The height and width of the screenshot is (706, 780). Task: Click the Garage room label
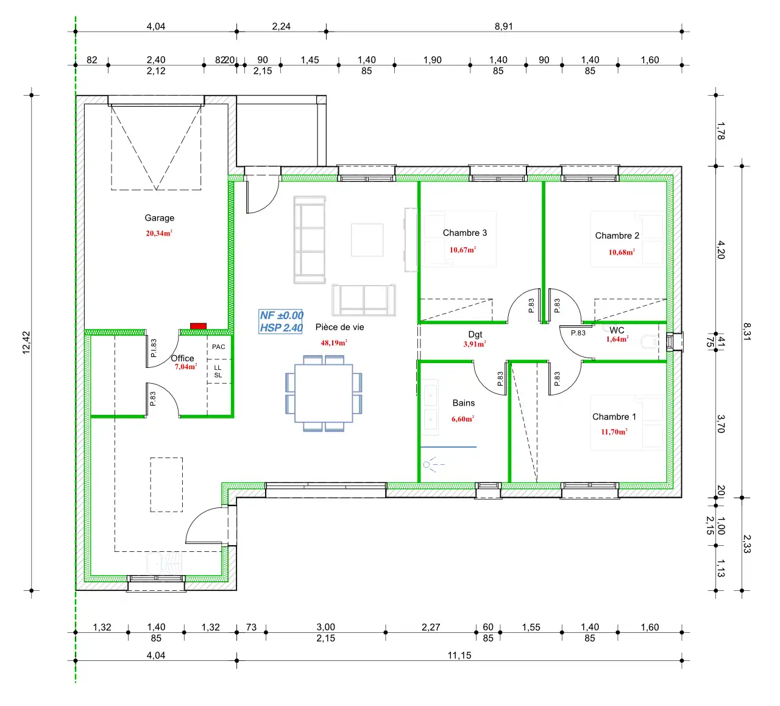pyautogui.click(x=160, y=218)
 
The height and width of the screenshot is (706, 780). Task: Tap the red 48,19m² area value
pyautogui.click(x=334, y=342)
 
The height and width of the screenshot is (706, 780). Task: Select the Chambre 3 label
pyautogui.click(x=465, y=233)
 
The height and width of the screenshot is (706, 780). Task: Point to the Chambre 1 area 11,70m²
pyautogui.click(x=614, y=431)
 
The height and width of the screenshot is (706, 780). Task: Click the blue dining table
pyautogui.click(x=324, y=393)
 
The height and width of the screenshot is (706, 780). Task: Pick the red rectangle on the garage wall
pyautogui.click(x=198, y=326)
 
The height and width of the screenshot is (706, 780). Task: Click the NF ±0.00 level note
pyautogui.click(x=282, y=316)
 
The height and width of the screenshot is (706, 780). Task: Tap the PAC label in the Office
pyautogui.click(x=219, y=347)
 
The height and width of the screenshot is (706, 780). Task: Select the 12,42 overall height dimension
pyautogui.click(x=26, y=342)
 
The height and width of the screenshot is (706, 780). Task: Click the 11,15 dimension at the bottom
pyautogui.click(x=459, y=655)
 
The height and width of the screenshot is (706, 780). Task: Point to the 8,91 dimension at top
pyautogui.click(x=503, y=26)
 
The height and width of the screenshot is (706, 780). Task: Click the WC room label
pyautogui.click(x=617, y=330)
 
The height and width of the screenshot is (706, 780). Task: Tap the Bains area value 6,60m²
pyautogui.click(x=463, y=418)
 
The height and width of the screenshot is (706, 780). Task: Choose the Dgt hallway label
pyautogui.click(x=475, y=335)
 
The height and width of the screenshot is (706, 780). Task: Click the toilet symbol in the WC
pyautogui.click(x=650, y=342)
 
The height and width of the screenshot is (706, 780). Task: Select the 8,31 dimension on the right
pyautogui.click(x=747, y=331)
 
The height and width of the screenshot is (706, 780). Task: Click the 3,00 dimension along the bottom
pyautogui.click(x=326, y=627)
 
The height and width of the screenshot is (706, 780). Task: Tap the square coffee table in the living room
pyautogui.click(x=367, y=240)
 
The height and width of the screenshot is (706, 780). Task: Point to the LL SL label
pyautogui.click(x=218, y=372)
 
